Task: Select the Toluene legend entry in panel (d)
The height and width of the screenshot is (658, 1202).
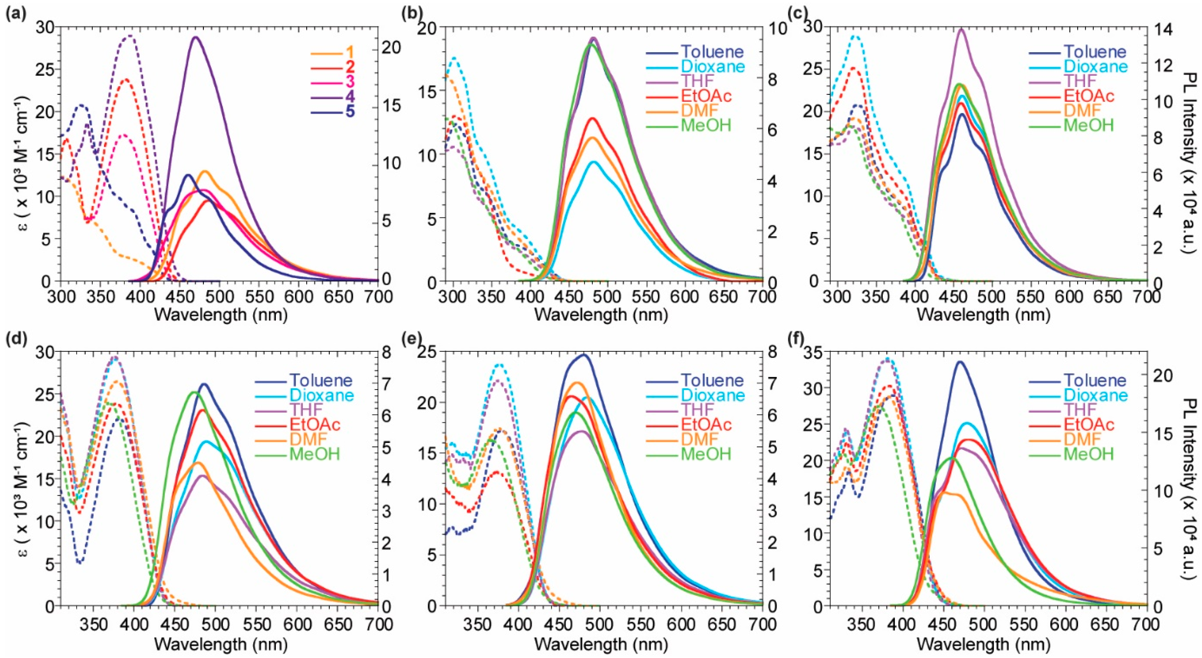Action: tap(320, 380)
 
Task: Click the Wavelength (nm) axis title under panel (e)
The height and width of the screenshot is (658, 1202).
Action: tap(601, 645)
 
